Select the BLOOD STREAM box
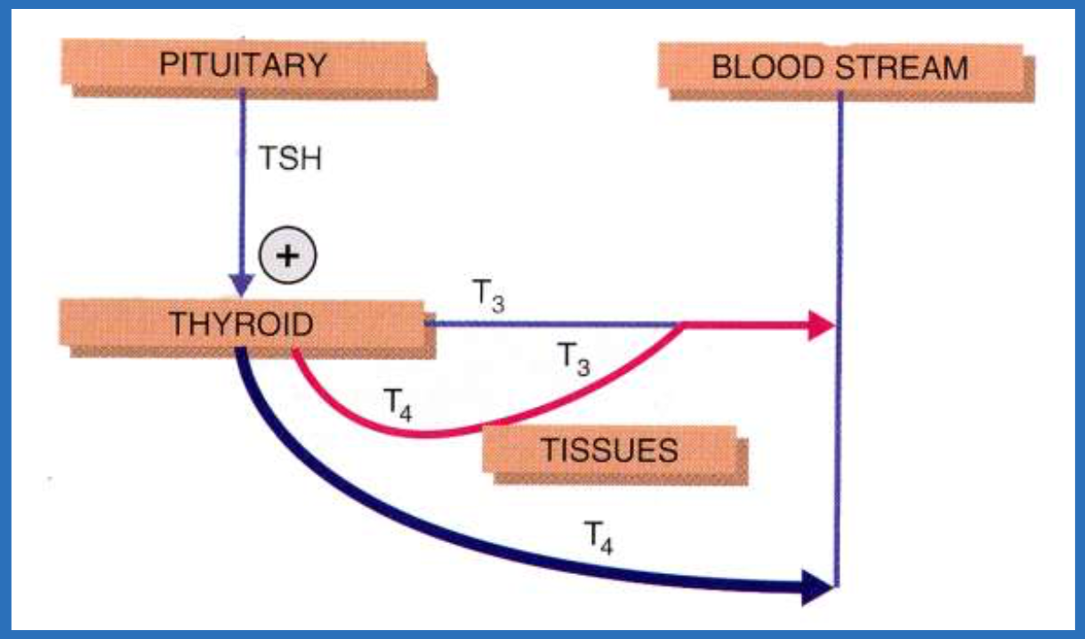pyautogui.click(x=840, y=69)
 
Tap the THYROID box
pyautogui.click(x=242, y=325)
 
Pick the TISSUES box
pyautogui.click(x=609, y=450)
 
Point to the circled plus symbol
pyautogui.click(x=287, y=255)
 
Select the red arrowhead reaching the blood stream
pyautogui.click(x=820, y=326)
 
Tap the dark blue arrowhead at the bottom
pyautogui.click(x=816, y=586)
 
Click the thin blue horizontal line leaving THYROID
pyautogui.click(x=551, y=324)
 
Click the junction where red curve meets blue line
pyautogui.click(x=683, y=325)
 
